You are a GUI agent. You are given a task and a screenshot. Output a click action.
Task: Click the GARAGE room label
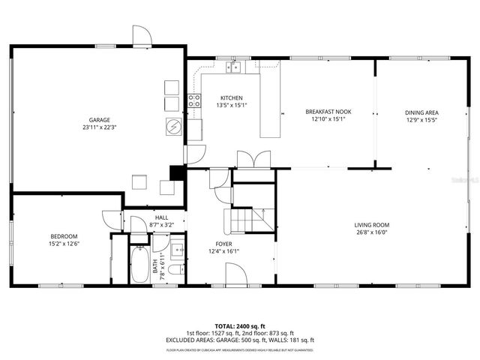pyautogui.click(x=100, y=120)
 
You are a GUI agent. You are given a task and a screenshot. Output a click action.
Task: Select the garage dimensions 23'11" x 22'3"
pyautogui.click(x=100, y=127)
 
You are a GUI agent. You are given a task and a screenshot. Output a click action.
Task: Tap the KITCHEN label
pyautogui.click(x=231, y=98)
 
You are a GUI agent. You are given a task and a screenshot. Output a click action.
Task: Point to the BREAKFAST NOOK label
pyautogui.click(x=328, y=111)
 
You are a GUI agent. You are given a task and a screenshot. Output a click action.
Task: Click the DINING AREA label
pyautogui.click(x=421, y=112)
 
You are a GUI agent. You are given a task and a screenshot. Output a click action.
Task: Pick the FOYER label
pyautogui.click(x=223, y=244)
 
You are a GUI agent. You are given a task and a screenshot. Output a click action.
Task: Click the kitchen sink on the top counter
pyautogui.click(x=235, y=67)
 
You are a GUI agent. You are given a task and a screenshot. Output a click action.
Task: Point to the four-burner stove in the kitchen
pyautogui.click(x=194, y=101)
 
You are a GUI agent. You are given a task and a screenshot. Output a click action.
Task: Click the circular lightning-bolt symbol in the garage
pyautogui.click(x=174, y=127)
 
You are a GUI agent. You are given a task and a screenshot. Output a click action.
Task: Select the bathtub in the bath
pyautogui.click(x=139, y=266)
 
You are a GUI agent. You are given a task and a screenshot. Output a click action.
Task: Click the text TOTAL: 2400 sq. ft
pyautogui.click(x=240, y=326)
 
